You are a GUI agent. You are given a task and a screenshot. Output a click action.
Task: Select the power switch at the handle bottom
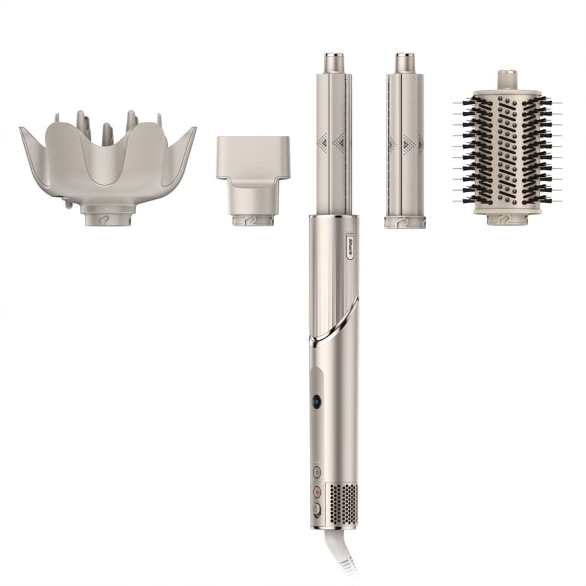[316, 509]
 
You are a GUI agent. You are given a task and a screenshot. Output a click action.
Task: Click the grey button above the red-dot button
[316, 472]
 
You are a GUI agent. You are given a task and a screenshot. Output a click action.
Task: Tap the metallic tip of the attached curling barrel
[335, 61]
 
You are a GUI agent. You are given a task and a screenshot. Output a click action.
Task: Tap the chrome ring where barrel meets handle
[335, 216]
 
